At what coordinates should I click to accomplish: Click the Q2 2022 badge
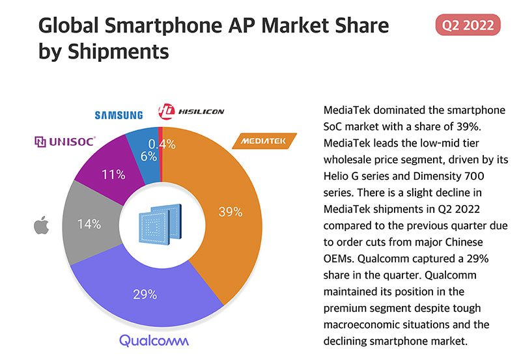click(467, 25)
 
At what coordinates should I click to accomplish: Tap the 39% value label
click(229, 212)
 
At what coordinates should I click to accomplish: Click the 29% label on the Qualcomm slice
click(145, 294)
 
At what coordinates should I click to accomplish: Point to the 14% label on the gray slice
click(89, 224)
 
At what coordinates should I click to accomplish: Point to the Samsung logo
click(119, 115)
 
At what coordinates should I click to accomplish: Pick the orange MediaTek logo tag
click(264, 141)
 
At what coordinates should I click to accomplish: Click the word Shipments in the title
click(114, 51)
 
